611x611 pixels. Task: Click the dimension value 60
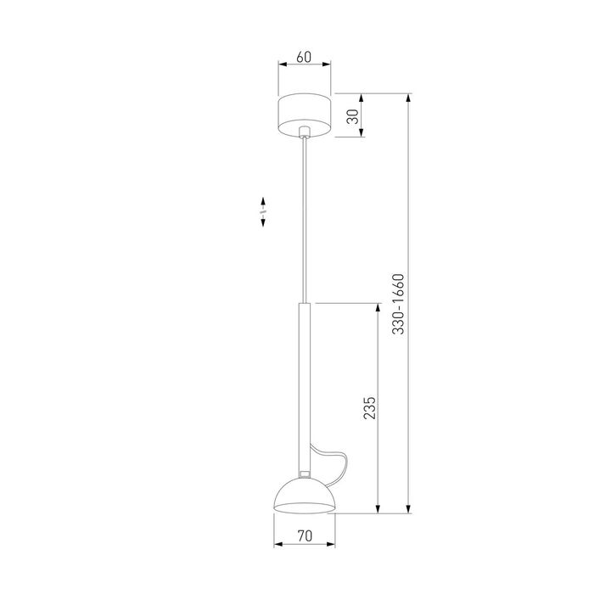(x=305, y=58)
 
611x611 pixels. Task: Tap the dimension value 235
(x=368, y=408)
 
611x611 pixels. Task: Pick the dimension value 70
(x=305, y=535)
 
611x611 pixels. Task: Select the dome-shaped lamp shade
(x=305, y=497)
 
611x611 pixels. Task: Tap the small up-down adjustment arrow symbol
(x=263, y=211)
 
